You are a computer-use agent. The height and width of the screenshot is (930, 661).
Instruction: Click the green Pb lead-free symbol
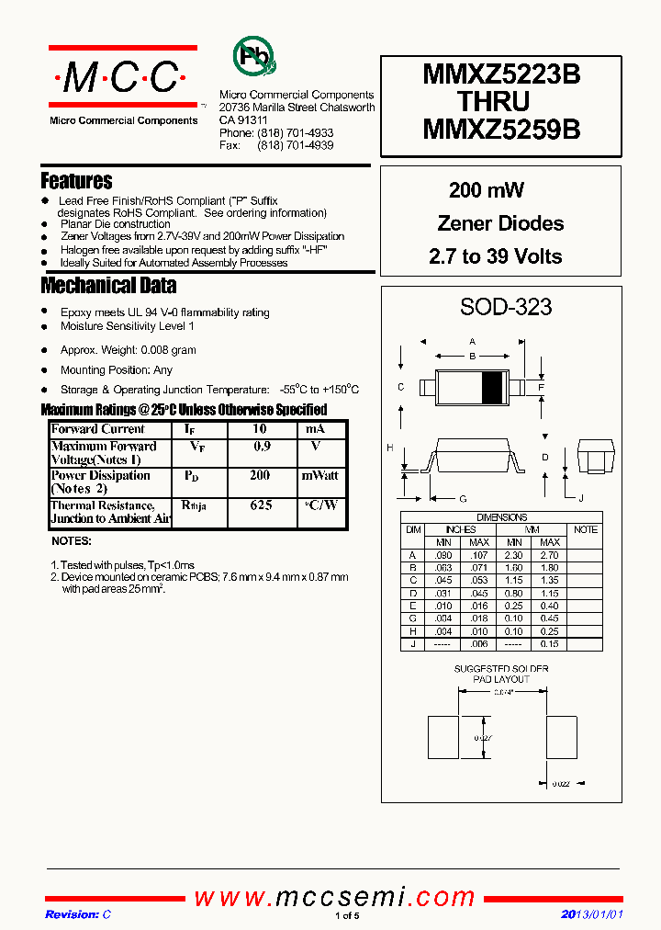[252, 57]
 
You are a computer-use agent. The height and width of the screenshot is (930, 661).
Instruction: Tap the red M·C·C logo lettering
[122, 80]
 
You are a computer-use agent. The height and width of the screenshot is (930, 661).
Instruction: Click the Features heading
[76, 181]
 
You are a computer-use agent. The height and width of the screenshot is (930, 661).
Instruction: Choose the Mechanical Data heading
[107, 285]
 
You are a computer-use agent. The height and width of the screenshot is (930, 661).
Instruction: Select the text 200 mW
[487, 190]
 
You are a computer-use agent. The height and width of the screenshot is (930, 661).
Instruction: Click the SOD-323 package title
[506, 307]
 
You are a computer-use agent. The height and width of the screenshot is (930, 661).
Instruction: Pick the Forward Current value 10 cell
[260, 429]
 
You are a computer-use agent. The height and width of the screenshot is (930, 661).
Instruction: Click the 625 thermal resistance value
[261, 505]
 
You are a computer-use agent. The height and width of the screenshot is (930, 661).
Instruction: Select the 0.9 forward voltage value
[261, 446]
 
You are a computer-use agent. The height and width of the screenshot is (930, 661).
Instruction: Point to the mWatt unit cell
[319, 476]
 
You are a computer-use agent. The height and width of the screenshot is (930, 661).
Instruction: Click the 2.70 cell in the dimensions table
[550, 556]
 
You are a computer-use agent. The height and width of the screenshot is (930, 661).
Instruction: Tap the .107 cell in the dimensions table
[477, 556]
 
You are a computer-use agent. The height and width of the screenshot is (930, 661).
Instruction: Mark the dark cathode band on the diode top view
[492, 388]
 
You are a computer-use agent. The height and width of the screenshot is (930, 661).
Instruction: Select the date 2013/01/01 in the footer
[591, 914]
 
